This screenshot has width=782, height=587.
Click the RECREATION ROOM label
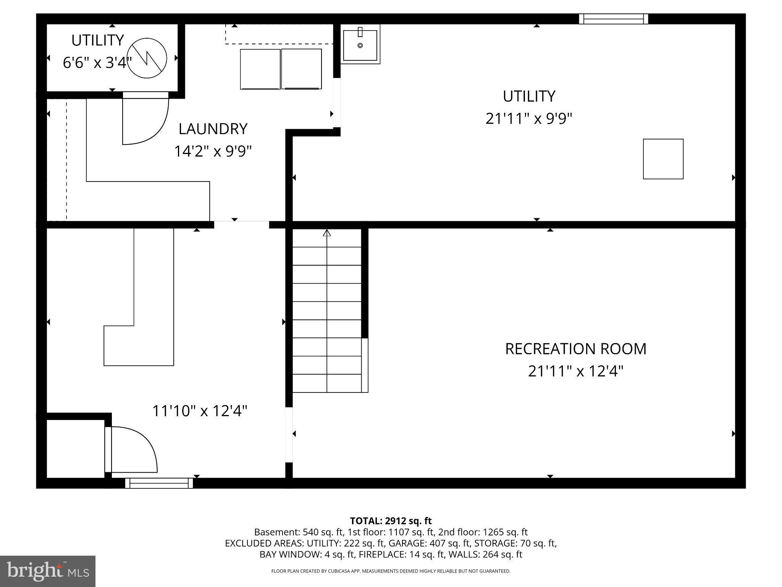[x=575, y=349]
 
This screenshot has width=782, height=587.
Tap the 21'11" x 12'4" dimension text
[x=575, y=371]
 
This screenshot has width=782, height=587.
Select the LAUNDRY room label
[x=213, y=129]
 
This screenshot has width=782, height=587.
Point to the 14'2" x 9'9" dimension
[x=213, y=151]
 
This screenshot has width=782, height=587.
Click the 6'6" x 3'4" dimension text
[x=97, y=63]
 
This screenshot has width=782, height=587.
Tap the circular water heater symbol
[x=147, y=58]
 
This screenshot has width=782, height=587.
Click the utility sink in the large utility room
[x=360, y=45]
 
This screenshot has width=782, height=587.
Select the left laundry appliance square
[x=260, y=69]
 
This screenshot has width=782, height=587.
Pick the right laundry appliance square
[x=301, y=69]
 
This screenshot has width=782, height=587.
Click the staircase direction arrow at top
[x=327, y=233]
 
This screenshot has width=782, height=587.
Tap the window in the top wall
[x=613, y=19]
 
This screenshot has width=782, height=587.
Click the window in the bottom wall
[x=159, y=483]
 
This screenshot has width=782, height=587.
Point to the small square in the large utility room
[x=663, y=159]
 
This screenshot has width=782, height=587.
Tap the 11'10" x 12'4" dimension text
[x=200, y=411]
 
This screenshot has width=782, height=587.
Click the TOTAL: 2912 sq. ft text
[x=391, y=521]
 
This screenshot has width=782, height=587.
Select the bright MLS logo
[x=47, y=571]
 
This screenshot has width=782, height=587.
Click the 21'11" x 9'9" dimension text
[x=528, y=118]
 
